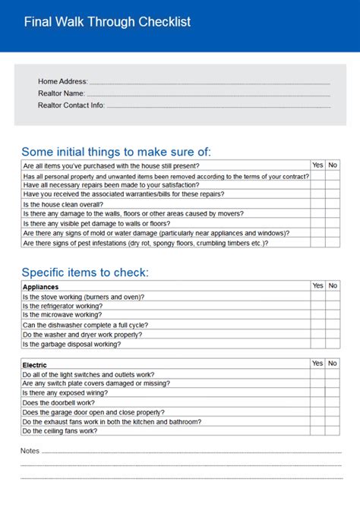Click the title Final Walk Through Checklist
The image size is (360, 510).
(x=107, y=22)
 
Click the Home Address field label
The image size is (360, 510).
(x=63, y=81)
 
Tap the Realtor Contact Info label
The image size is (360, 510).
(x=71, y=105)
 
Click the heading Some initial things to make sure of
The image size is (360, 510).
(x=116, y=152)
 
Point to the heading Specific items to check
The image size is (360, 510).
(x=85, y=272)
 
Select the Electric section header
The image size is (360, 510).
(x=35, y=365)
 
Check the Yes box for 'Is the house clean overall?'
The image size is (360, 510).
(x=317, y=205)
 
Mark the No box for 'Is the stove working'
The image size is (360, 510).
(x=333, y=297)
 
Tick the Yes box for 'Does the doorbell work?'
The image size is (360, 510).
(x=317, y=403)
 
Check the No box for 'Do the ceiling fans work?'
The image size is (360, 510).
(x=333, y=431)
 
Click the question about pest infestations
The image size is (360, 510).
(x=145, y=244)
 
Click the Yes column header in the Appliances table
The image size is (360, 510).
(x=317, y=286)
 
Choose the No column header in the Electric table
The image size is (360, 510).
(x=333, y=364)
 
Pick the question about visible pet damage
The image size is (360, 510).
(x=96, y=224)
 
